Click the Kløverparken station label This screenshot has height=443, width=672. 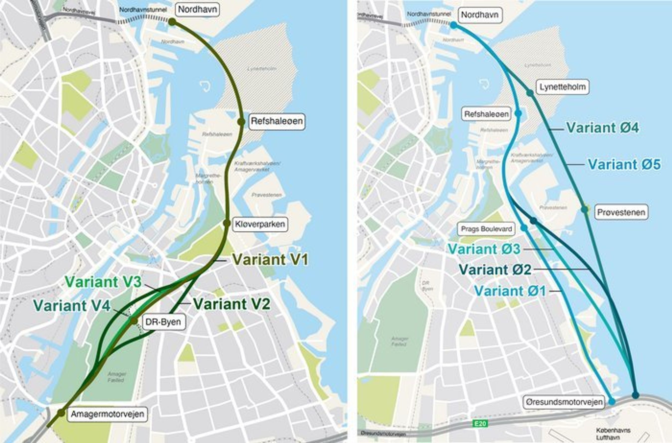coord(260,224)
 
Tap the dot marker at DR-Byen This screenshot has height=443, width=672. coord(134,321)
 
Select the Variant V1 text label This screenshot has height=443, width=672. coord(270,259)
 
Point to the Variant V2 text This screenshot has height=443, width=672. coord(232,304)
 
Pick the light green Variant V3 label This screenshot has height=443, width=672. coord(103,282)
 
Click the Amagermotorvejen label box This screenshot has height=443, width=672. coord(107,414)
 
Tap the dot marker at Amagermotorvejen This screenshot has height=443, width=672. coord(61,413)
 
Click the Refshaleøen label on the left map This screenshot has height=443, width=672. coord(277,122)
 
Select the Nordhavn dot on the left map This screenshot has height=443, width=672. coord(172,22)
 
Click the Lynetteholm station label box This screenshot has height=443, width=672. coord(562,87)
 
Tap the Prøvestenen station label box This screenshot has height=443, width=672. coord(621,212)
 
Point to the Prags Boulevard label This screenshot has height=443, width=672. coord(486,229)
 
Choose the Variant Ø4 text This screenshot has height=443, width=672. coord(602,128)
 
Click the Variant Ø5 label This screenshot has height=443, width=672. coord(624,164)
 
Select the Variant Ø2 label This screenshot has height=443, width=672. coord(495,269)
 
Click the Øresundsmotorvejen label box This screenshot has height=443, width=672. coord(564,402)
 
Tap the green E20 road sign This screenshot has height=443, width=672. coord(480,424)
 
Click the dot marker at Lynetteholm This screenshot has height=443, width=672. coord(530,93)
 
